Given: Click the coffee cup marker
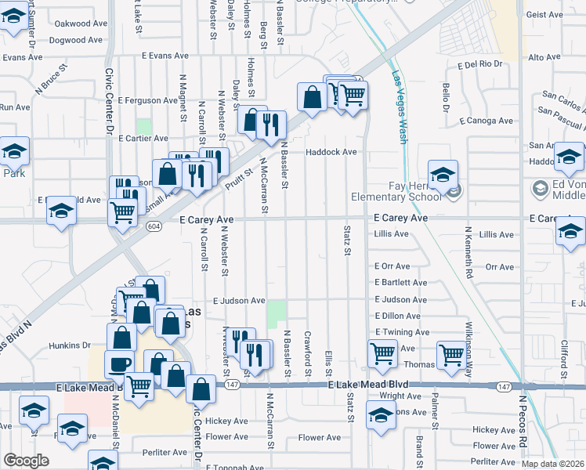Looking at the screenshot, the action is pyautogui.click(x=120, y=364).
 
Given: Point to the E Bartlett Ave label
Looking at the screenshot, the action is pyautogui.click(x=400, y=282).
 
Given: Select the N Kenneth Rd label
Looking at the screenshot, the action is pyautogui.click(x=470, y=254).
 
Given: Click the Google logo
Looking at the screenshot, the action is pyautogui.click(x=26, y=461).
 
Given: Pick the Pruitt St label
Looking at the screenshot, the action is pyautogui.click(x=241, y=179).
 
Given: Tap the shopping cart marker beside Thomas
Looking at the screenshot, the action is pyautogui.click(x=451, y=355).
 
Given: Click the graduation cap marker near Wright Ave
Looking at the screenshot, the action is pyautogui.click(x=381, y=416).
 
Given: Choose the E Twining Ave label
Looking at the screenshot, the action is pyautogui.click(x=402, y=332).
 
